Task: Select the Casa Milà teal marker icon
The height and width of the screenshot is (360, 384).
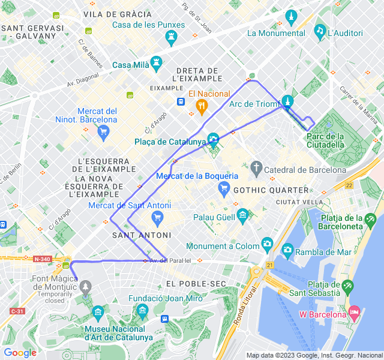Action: click(x=157, y=62)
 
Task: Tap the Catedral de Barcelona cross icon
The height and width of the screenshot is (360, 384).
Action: click(x=257, y=167)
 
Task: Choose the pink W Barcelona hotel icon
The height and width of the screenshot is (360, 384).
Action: click(x=354, y=313)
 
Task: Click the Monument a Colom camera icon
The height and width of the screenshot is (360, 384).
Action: click(x=267, y=244)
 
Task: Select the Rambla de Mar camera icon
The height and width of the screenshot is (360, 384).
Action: click(x=287, y=250)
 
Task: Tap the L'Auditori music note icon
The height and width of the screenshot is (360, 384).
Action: click(x=320, y=31)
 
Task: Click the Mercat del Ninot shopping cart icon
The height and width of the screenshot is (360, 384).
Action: click(x=103, y=130)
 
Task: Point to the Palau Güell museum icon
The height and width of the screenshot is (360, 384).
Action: click(x=242, y=214)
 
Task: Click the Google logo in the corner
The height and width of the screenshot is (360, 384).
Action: click(x=20, y=353)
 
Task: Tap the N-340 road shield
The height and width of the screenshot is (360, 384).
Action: click(x=42, y=259)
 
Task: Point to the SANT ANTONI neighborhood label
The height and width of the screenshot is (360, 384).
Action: click(x=142, y=235)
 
